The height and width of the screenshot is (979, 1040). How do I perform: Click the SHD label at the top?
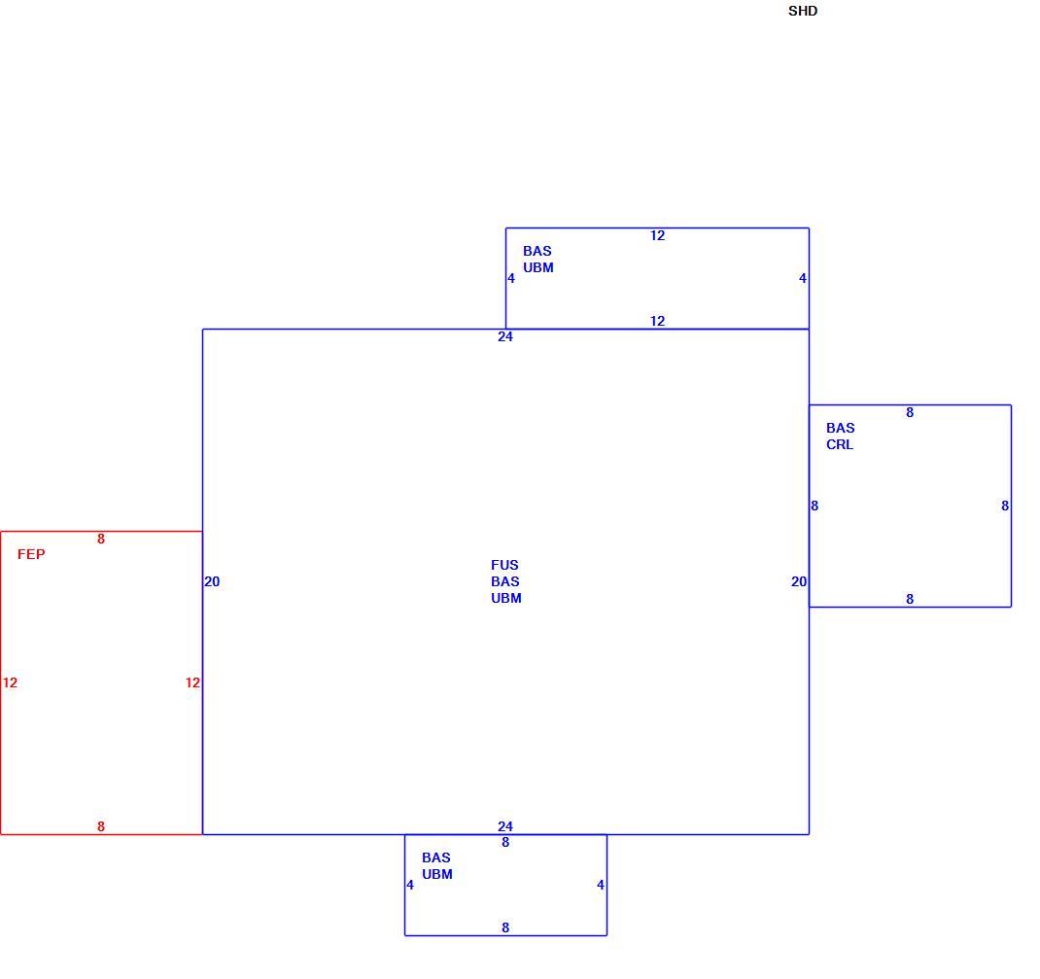803,12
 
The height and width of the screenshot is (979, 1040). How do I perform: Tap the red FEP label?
31,554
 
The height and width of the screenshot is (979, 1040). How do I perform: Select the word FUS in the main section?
504,565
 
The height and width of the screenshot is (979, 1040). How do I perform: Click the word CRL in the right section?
840,445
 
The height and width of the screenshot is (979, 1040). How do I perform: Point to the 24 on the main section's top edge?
505,337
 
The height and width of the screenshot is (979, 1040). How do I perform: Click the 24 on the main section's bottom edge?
505,826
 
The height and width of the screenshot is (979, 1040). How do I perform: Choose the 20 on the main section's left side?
212,581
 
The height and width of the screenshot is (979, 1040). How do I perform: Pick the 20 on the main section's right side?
799,581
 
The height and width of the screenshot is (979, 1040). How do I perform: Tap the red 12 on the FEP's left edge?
10,682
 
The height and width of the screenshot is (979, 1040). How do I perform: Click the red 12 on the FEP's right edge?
193,682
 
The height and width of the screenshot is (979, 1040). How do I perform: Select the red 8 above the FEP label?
101,540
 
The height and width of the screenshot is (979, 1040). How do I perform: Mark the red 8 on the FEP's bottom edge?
101,826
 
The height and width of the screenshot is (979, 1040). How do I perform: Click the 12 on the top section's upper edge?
657,235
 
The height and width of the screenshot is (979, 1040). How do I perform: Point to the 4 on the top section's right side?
803,279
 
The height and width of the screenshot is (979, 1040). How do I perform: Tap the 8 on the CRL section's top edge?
910,412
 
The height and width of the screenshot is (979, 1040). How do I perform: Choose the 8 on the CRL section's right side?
1005,507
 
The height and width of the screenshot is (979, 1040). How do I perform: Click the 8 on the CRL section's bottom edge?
910,599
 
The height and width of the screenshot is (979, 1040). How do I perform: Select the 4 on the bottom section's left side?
410,885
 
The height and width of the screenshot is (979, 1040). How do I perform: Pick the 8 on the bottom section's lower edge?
505,927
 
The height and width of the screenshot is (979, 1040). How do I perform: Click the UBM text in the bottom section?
437,874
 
